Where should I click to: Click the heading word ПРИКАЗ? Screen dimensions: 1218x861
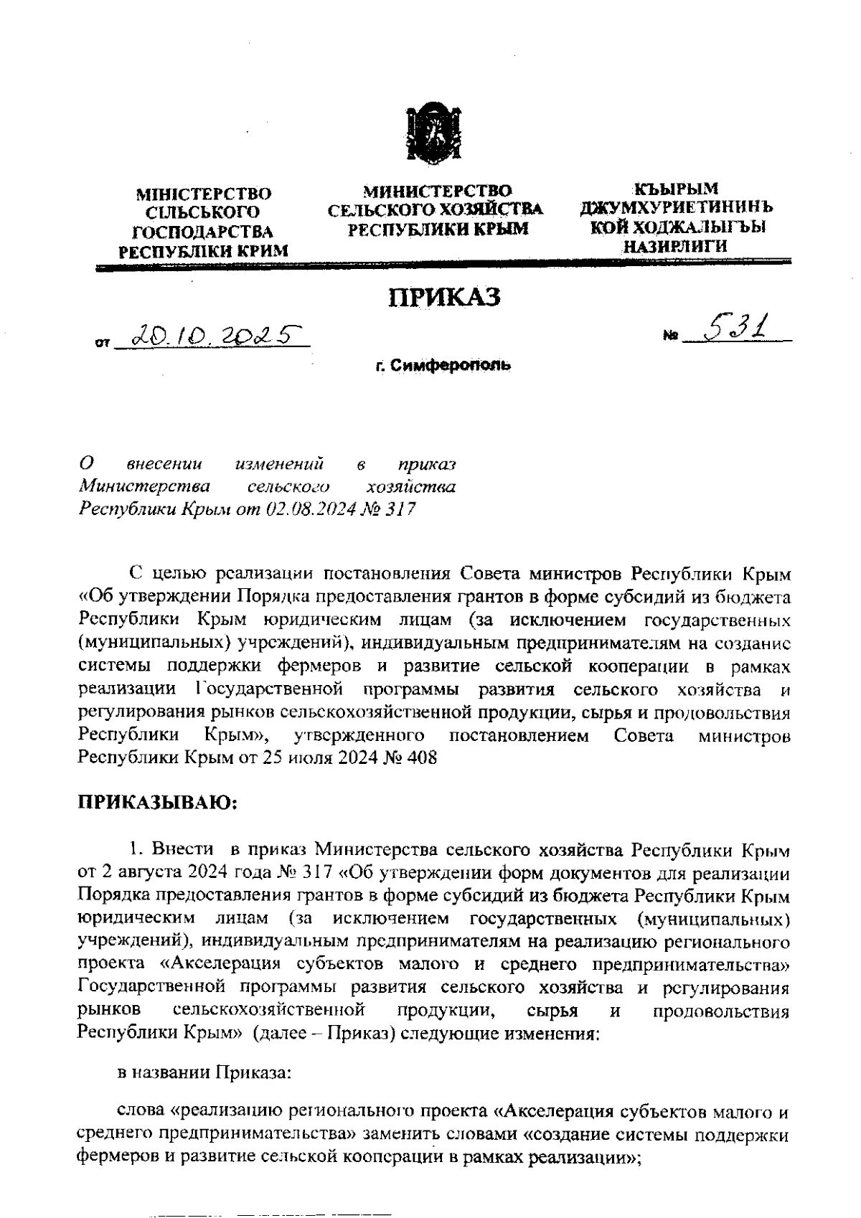pyautogui.click(x=445, y=298)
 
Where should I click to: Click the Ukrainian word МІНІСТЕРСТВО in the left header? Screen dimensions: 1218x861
pyautogui.click(x=204, y=194)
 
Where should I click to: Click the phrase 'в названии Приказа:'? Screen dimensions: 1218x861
pyautogui.click(x=204, y=1073)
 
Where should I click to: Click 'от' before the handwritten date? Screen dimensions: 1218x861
pyautogui.click(x=102, y=344)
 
